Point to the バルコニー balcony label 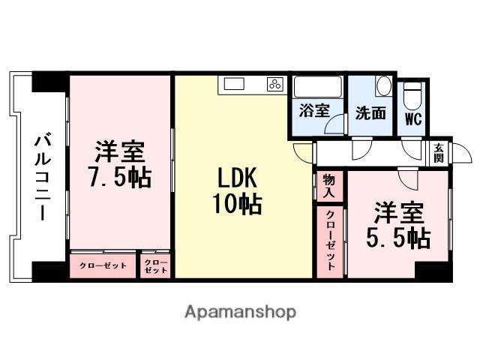click(x=42, y=177)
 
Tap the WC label click(x=412, y=118)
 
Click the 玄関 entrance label click(x=438, y=153)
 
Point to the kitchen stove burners click(x=274, y=84)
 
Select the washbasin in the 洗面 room click(x=383, y=86)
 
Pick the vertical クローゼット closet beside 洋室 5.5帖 click(x=330, y=240)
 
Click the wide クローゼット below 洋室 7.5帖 click(x=103, y=265)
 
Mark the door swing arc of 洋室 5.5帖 click(x=408, y=179)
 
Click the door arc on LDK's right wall click(x=304, y=151)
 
